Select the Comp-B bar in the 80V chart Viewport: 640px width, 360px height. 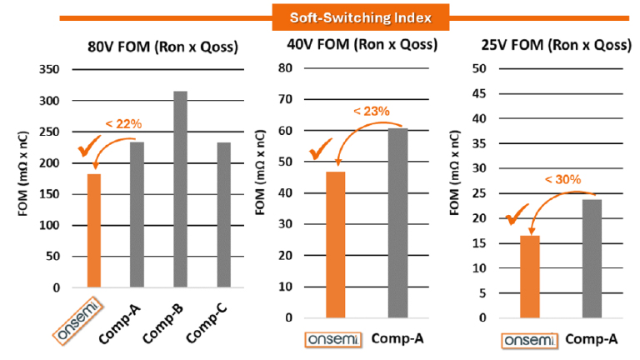(x=180, y=189)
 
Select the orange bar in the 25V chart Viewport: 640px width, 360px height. (x=530, y=276)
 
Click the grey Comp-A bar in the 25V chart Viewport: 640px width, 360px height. (x=592, y=258)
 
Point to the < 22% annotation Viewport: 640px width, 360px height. (x=123, y=124)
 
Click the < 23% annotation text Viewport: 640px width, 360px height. (x=371, y=111)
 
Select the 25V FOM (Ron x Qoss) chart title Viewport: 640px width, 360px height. (x=556, y=45)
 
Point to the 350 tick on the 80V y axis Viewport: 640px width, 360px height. (x=49, y=70)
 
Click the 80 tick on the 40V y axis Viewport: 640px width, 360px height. (x=287, y=67)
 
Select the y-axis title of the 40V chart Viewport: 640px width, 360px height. (x=262, y=192)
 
